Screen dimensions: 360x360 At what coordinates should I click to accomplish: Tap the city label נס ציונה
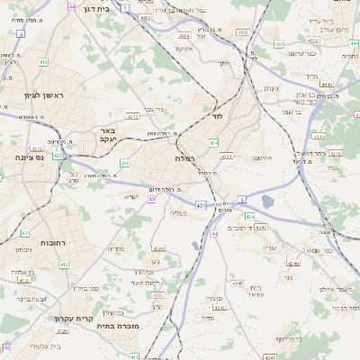(19, 157)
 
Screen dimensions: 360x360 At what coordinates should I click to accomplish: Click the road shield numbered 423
(58, 155)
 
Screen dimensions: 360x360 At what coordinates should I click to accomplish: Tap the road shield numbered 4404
(184, 37)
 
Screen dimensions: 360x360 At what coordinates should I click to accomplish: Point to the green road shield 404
(213, 142)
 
